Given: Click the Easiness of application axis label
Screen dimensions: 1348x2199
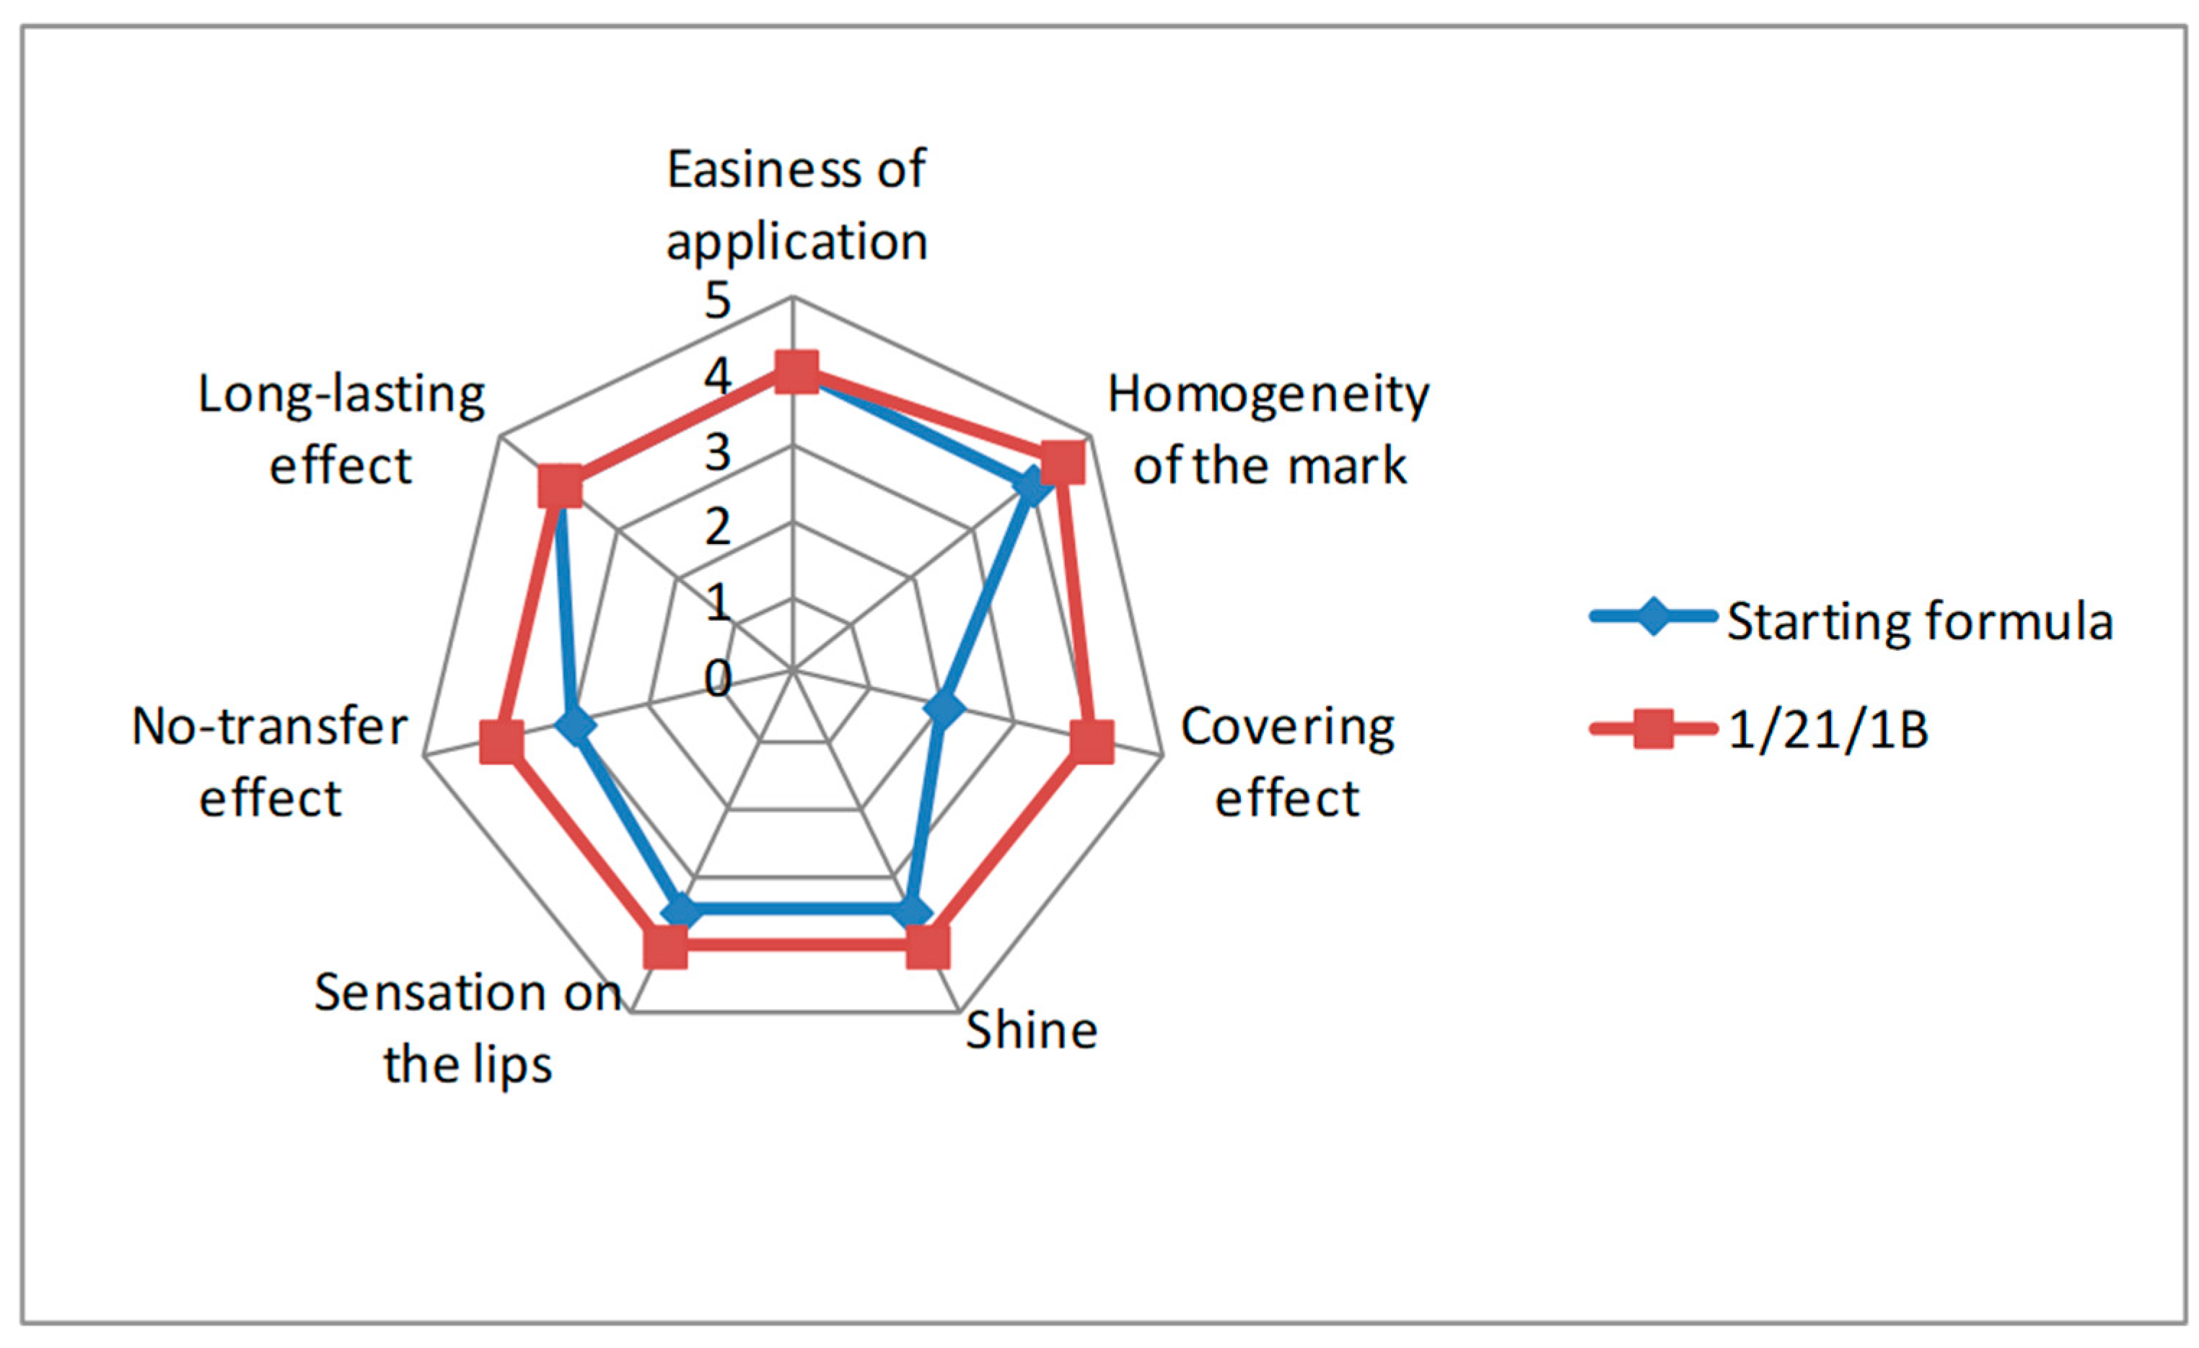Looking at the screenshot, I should [796, 206].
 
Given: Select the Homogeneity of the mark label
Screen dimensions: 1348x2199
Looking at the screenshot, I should [1268, 430].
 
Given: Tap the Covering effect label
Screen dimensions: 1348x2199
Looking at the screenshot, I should [1287, 762].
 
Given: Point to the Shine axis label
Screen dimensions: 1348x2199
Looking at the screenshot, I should [1031, 1031].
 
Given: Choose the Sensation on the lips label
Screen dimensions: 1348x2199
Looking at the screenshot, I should [468, 1028].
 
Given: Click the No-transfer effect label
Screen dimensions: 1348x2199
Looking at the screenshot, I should [270, 762].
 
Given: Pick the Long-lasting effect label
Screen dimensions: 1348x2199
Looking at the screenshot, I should [341, 430].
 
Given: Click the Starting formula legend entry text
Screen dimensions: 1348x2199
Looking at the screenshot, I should [1920, 621].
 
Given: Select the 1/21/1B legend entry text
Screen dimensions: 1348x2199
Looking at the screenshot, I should [1827, 730].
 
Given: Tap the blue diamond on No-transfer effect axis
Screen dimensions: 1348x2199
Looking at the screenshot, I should [576, 727].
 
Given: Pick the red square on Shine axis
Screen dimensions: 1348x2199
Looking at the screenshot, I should [928, 947].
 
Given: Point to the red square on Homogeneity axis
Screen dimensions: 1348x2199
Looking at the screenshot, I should [1062, 463].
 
